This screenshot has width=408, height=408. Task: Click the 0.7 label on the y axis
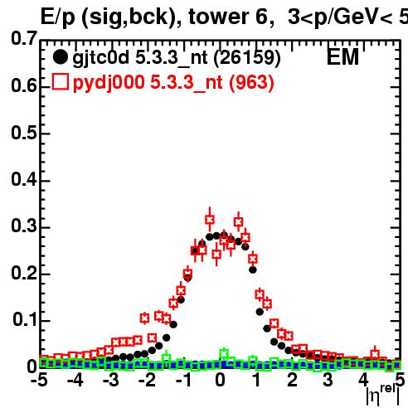pyautogui.click(x=24, y=38)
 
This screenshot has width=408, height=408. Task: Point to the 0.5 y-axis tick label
pyautogui.click(x=24, y=133)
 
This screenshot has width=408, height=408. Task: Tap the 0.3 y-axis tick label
pyautogui.click(x=24, y=226)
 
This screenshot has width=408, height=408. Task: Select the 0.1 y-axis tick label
pyautogui.click(x=24, y=319)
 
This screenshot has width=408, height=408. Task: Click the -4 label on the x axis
pyautogui.click(x=75, y=380)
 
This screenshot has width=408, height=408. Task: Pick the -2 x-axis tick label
pyautogui.click(x=148, y=380)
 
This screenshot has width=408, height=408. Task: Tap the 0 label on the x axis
pyautogui.click(x=220, y=380)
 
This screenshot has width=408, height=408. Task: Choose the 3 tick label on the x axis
pyautogui.click(x=328, y=380)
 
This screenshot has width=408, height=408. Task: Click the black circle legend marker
pyautogui.click(x=60, y=57)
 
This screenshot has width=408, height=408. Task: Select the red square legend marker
pyautogui.click(x=60, y=81)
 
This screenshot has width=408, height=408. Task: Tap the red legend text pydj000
pyautogui.click(x=109, y=83)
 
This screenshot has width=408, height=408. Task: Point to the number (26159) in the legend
pyautogui.click(x=247, y=58)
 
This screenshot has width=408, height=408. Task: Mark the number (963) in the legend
pyautogui.click(x=251, y=82)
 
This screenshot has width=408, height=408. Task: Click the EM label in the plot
pyautogui.click(x=342, y=56)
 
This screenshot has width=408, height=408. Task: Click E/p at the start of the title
pyautogui.click(x=58, y=17)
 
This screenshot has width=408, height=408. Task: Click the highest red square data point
pyautogui.click(x=210, y=220)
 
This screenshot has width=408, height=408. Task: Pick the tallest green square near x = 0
pyautogui.click(x=224, y=353)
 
